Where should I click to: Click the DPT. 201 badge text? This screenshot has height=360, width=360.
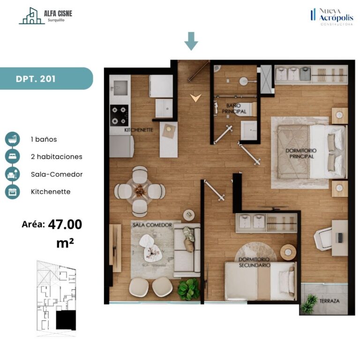pyautogui.click(x=36, y=79)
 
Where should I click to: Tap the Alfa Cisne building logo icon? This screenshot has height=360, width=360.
pyautogui.click(x=32, y=15)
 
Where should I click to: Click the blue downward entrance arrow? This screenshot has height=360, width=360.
pyautogui.click(x=191, y=41)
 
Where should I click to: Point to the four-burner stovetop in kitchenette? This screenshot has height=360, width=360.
pyautogui.click(x=119, y=115)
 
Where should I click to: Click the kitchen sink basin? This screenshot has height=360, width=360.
pyautogui.click(x=120, y=88)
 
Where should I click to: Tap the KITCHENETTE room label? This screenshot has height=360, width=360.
pyautogui.click(x=139, y=130)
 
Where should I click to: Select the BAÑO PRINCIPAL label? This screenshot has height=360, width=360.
pyautogui.click(x=234, y=109)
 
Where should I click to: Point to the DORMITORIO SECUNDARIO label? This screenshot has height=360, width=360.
pyautogui.click(x=254, y=262)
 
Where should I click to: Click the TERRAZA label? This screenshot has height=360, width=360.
pyautogui.click(x=330, y=301)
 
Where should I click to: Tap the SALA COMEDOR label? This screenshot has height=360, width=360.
pyautogui.click(x=152, y=225)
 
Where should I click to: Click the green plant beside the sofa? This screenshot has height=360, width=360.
pyautogui.click(x=188, y=289)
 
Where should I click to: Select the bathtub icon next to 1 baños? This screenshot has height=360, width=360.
pyautogui.click(x=12, y=139)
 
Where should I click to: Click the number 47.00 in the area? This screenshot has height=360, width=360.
pyautogui.click(x=65, y=225)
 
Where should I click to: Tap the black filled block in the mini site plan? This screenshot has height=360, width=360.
pyautogui.click(x=66, y=320)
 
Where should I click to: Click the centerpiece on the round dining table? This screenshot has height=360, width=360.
pyautogui.click(x=140, y=191)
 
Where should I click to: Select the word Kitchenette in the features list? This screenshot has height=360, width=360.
pyautogui.click(x=51, y=192)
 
